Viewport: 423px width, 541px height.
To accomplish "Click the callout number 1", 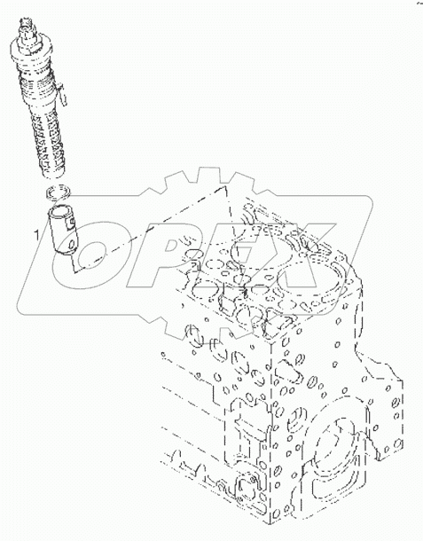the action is pos(36,235).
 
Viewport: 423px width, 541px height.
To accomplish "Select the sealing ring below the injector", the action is pos(58,193).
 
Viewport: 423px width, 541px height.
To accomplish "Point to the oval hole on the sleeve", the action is pos(72,245).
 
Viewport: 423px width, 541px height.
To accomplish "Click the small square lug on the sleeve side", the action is pos(72,223).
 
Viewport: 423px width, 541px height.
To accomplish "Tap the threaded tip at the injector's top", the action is pos(27,24).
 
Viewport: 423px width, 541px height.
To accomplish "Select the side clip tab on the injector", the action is pos(62,95).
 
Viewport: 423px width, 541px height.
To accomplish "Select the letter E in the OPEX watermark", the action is pos(241,255).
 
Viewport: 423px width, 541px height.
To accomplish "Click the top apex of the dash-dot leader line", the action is pos(225,186).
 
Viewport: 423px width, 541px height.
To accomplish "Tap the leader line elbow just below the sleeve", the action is pos(74,271).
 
